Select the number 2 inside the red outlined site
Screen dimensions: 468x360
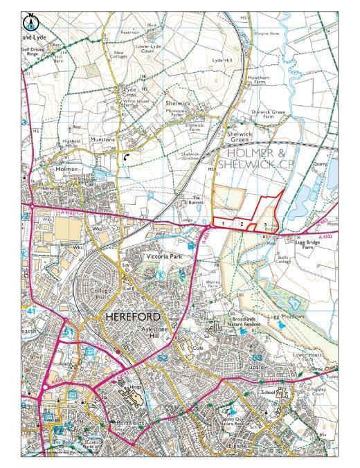(x=242, y=224)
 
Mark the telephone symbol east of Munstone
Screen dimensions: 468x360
(x=125, y=157)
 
